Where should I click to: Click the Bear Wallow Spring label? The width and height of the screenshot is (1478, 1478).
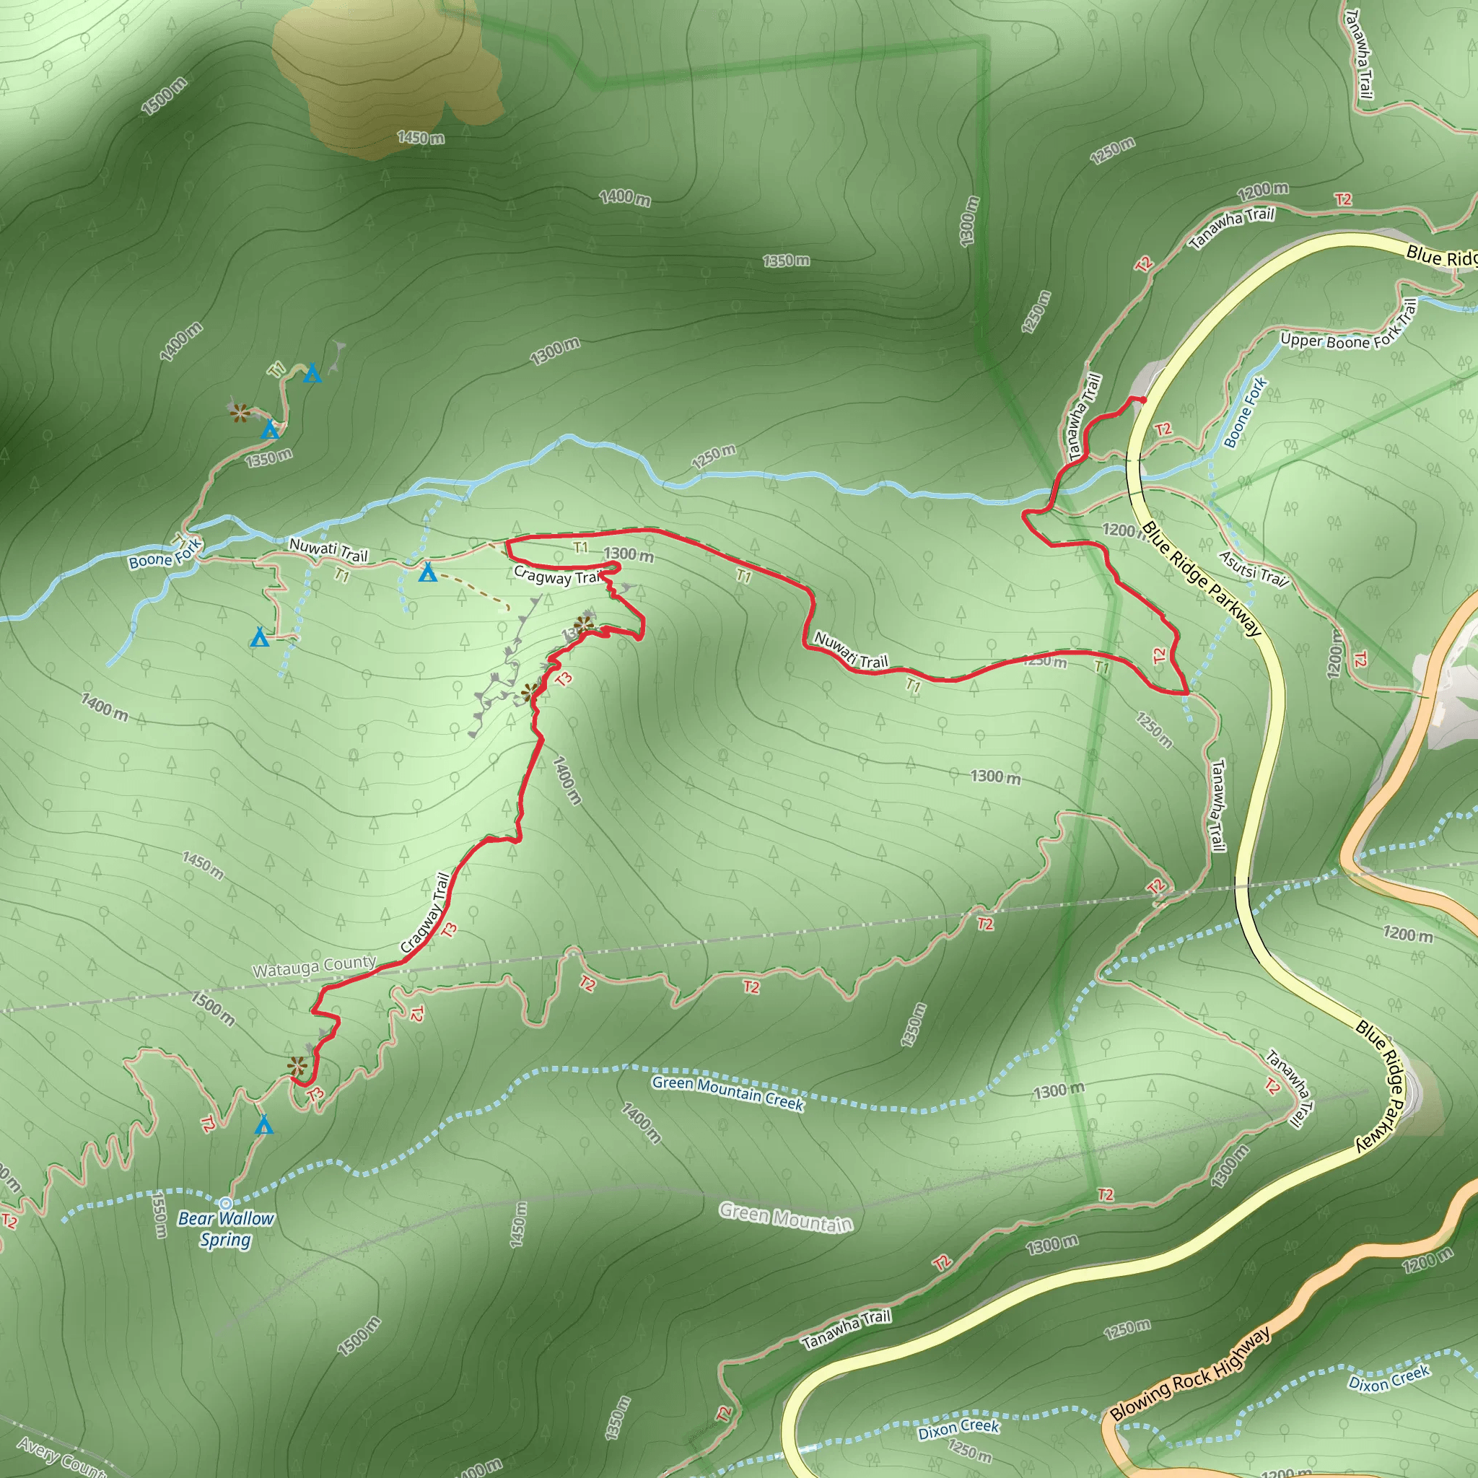(226, 1229)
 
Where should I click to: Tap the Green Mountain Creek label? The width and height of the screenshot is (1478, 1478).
(727, 1093)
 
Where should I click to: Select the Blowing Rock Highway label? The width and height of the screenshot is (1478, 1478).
(1190, 1373)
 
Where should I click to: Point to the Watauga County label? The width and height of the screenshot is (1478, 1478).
(315, 967)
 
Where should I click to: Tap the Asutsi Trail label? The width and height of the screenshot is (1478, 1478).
(1253, 569)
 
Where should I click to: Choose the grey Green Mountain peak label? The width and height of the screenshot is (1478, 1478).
(786, 1218)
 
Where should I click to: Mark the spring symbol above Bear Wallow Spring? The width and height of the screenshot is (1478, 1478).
(226, 1203)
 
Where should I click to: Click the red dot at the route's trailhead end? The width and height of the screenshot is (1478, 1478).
(1143, 400)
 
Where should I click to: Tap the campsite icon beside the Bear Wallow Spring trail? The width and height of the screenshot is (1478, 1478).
(264, 1124)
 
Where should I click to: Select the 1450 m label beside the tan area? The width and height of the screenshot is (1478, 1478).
(421, 138)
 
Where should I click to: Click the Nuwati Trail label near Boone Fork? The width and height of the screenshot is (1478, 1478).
(328, 550)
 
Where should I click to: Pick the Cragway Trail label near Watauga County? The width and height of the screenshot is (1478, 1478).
(425, 912)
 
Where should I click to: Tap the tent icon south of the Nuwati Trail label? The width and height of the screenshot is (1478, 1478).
(428, 572)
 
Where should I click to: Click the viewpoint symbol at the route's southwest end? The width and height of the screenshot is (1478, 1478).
(297, 1066)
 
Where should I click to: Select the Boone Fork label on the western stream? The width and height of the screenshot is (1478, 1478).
(165, 554)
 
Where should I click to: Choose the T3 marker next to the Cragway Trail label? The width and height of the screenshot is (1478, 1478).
(449, 930)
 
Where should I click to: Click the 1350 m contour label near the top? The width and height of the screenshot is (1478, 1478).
(786, 261)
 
